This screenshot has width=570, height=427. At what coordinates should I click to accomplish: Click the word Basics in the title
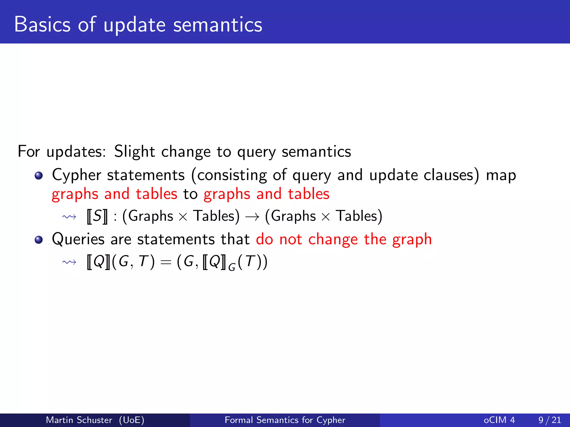point(42,24)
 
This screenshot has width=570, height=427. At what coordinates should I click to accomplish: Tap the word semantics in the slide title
point(218,24)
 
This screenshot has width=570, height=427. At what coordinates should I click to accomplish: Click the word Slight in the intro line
point(134,152)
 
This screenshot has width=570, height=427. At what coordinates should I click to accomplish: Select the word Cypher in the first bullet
point(77,175)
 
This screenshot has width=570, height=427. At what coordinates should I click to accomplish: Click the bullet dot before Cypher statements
point(39,176)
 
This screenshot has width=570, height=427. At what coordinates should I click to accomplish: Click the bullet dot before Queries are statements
point(39,240)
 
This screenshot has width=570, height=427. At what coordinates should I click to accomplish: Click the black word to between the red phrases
point(190,194)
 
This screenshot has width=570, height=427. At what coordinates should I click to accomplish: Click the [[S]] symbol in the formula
point(97,216)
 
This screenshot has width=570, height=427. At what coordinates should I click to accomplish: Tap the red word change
point(333,240)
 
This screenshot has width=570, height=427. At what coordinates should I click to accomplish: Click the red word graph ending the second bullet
point(412,240)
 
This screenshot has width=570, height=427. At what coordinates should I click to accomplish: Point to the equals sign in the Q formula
point(166,262)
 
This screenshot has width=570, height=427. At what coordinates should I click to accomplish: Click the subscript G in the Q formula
point(232,267)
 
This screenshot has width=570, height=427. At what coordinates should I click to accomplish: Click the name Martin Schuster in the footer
point(79,420)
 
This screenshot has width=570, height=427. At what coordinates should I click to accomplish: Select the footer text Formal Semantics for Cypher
point(285,420)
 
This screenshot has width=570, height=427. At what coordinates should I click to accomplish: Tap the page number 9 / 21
point(549,420)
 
